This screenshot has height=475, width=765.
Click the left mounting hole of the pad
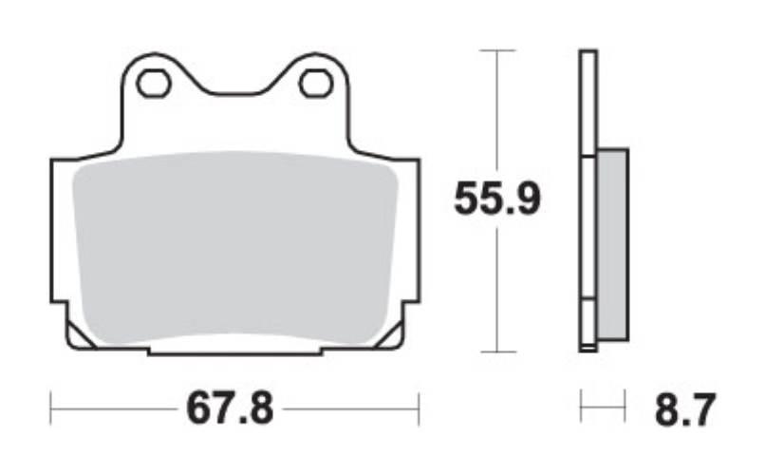[154, 84]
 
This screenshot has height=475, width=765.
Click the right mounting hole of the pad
[316, 84]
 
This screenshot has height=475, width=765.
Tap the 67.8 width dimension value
[230, 409]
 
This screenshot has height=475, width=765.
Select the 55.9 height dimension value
[497, 199]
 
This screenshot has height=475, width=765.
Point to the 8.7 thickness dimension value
[685, 409]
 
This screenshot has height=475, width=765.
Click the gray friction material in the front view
[235, 249]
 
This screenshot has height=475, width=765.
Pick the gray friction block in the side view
[613, 245]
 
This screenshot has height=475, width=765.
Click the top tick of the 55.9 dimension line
[497, 50]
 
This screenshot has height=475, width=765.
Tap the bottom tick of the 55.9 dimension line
[497, 351]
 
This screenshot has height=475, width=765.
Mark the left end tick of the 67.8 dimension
[50, 409]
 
